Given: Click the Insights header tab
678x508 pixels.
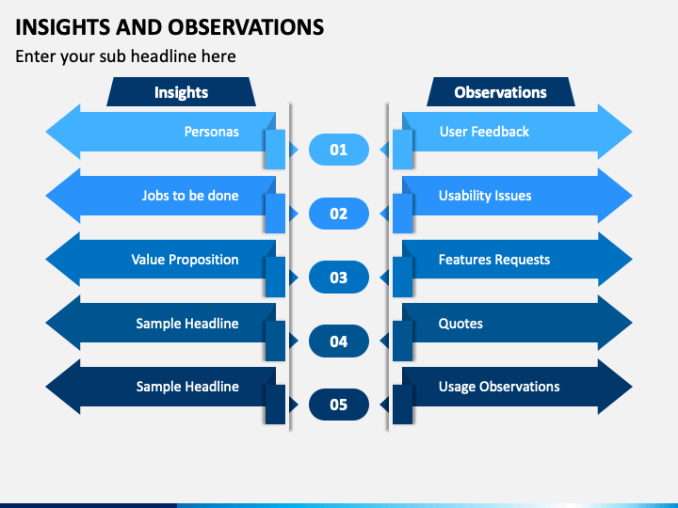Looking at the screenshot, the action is [x=181, y=91].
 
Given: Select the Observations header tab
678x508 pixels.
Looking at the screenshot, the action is [x=501, y=91].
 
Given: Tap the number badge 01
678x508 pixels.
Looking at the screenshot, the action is [x=339, y=150].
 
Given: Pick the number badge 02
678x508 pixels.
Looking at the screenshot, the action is [x=339, y=214].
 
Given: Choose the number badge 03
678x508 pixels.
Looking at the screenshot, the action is [x=339, y=278].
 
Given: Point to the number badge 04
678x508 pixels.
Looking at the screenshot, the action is [x=339, y=341].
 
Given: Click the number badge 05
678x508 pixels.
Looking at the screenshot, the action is [x=339, y=405].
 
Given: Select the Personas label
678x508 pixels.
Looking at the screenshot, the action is [x=212, y=132].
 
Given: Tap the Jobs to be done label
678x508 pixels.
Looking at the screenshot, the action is [x=190, y=196].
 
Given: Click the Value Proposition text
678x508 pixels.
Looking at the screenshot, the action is [x=186, y=260].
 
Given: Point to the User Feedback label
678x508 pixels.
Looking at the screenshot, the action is [x=484, y=132].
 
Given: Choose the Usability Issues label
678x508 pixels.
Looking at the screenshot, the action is [x=485, y=196].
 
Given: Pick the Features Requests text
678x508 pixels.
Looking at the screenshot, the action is [x=494, y=260].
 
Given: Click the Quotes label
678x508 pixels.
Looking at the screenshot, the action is [x=460, y=324].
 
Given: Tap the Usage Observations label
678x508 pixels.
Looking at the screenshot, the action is [x=499, y=387].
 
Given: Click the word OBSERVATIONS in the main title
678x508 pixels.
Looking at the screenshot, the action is [x=246, y=26].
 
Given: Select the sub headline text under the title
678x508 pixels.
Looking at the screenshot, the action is [x=125, y=56].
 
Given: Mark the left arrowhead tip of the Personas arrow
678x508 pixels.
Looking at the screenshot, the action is [x=46, y=132].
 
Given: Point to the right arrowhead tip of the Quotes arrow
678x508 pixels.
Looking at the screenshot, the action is [x=632, y=323].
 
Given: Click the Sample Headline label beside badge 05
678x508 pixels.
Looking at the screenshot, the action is [x=187, y=387].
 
